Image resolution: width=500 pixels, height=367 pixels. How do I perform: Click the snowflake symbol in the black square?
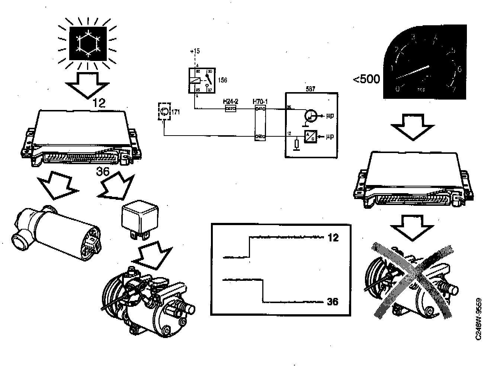click(x=88, y=43)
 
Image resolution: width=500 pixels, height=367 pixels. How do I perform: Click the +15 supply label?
click(x=194, y=51)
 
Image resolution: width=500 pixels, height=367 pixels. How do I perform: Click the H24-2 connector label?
click(x=231, y=101)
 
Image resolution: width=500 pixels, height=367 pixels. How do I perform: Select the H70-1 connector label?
click(x=260, y=101)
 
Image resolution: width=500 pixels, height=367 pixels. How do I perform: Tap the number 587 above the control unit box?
click(x=310, y=89)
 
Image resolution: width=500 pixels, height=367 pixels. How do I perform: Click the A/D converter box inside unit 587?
click(x=311, y=137)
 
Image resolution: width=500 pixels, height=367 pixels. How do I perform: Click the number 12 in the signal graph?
click(x=333, y=237)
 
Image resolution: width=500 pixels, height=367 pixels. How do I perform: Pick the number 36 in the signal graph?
click(x=333, y=302)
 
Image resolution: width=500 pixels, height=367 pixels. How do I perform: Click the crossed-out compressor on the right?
click(x=411, y=280)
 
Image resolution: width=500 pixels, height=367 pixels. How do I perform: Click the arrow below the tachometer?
click(x=413, y=127)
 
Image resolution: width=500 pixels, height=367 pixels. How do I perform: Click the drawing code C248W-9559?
click(x=479, y=318)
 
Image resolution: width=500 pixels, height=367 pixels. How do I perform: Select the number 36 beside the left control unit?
click(x=103, y=172)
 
